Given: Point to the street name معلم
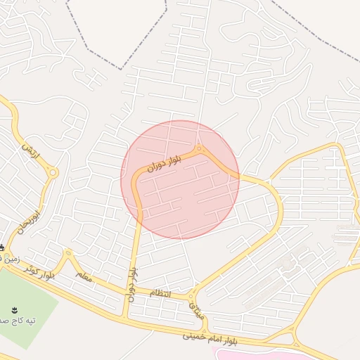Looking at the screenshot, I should click(83, 277).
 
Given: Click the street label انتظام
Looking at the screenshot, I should click(160, 292).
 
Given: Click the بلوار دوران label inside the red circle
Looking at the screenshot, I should click(165, 162).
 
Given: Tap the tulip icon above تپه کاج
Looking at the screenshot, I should click(13, 309).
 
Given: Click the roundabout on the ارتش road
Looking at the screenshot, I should click(53, 172).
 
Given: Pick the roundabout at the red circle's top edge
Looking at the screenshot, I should click(200, 148).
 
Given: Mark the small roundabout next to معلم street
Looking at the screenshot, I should click(68, 252).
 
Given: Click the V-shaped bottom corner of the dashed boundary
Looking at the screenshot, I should click(122, 69).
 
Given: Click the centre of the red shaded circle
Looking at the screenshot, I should click(180, 180).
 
